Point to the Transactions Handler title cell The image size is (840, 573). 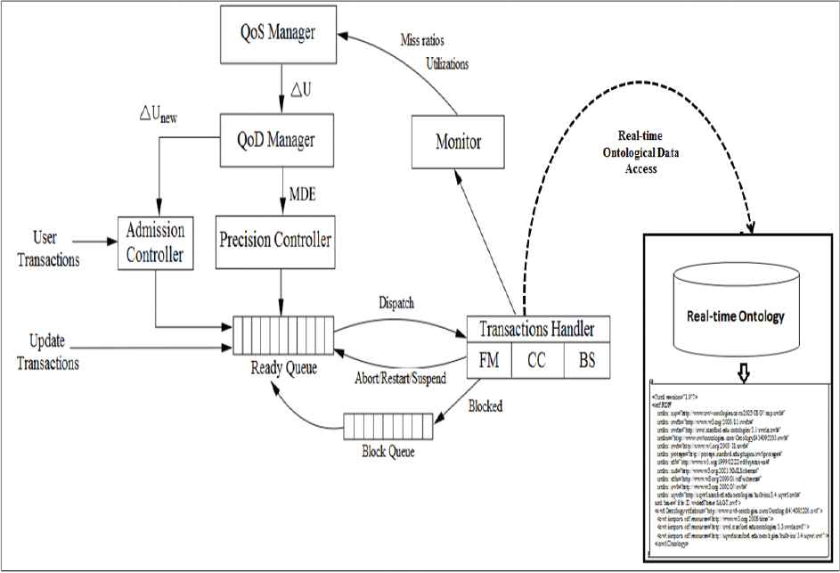(537, 327)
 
